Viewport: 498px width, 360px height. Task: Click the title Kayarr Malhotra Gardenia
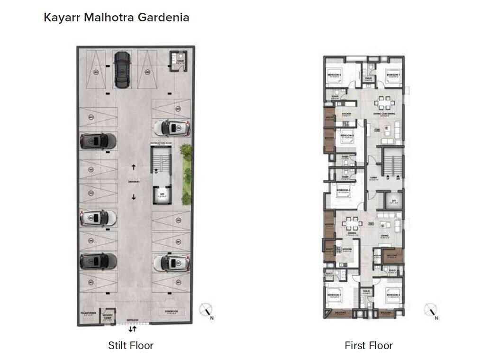(117, 18)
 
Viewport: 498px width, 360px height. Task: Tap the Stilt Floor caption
(131, 345)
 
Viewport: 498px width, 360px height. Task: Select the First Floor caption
(369, 345)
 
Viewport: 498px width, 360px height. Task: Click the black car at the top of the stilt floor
(122, 70)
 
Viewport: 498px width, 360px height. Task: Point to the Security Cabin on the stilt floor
(108, 316)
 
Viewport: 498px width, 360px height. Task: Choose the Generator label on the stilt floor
(172, 311)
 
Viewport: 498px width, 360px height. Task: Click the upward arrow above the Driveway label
(134, 167)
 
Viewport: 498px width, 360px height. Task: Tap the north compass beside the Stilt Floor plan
(206, 310)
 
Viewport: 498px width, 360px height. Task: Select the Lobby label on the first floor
(373, 179)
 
